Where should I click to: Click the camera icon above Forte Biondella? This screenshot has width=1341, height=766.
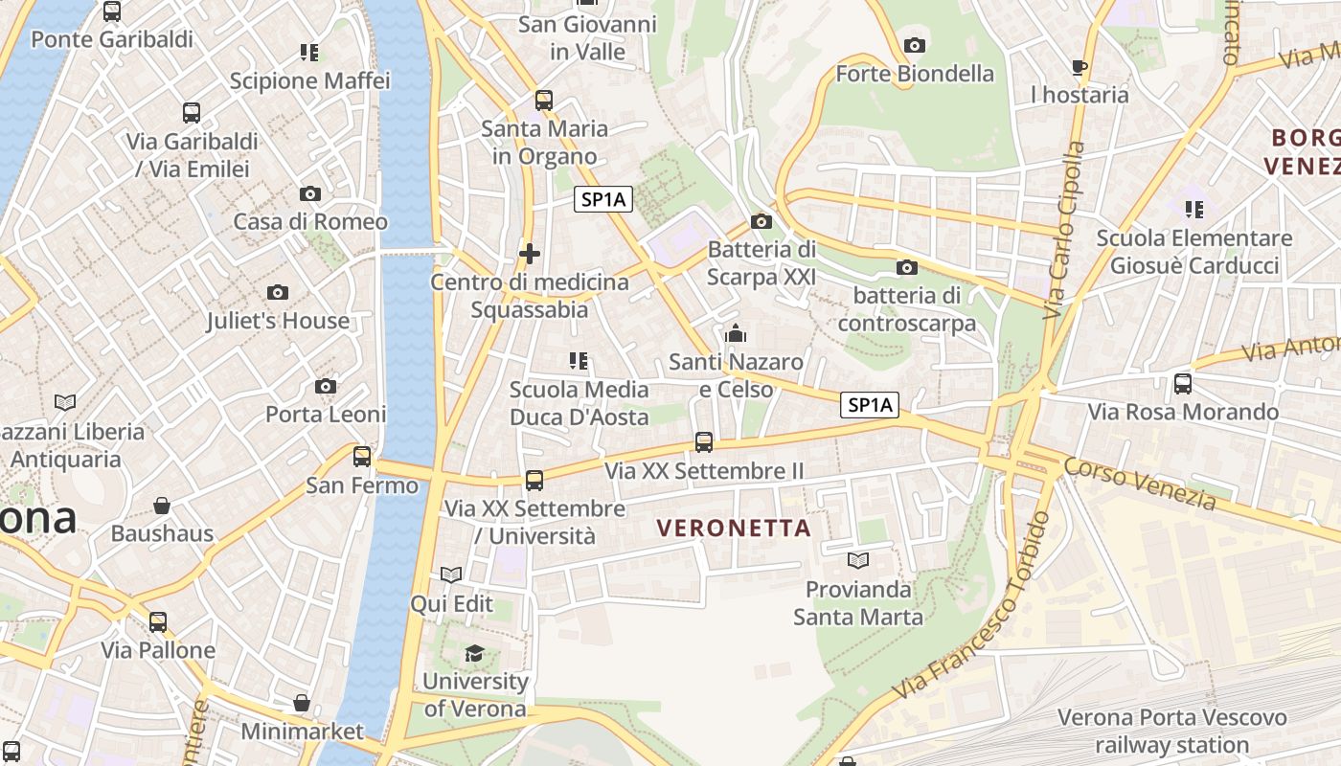pyautogui.click(x=915, y=45)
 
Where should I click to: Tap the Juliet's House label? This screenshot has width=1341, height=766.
pyautogui.click(x=278, y=321)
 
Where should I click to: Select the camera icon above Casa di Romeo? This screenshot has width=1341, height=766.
pyautogui.click(x=309, y=193)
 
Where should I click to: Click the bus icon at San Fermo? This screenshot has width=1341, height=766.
pyautogui.click(x=362, y=457)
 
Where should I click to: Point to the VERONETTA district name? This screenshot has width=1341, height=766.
pyautogui.click(x=735, y=528)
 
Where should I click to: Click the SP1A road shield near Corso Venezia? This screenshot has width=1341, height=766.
pyautogui.click(x=870, y=405)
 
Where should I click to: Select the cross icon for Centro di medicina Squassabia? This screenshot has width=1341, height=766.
pyautogui.click(x=529, y=254)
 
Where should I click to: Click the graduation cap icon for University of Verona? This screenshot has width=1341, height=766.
pyautogui.click(x=474, y=653)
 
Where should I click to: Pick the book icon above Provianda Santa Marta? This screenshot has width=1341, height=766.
pyautogui.click(x=858, y=560)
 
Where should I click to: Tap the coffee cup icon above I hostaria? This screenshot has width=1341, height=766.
pyautogui.click(x=1080, y=67)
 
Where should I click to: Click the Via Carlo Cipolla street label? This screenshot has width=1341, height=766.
pyautogui.click(x=1064, y=230)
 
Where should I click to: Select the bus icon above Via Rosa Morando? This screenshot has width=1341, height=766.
pyautogui.click(x=1183, y=384)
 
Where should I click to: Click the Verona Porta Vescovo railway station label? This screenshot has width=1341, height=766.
pyautogui.click(x=1172, y=731)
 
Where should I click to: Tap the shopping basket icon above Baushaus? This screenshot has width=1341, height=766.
pyautogui.click(x=162, y=505)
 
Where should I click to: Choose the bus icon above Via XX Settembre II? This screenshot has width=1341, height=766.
pyautogui.click(x=704, y=442)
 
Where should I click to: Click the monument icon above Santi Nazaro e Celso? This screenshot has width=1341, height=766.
pyautogui.click(x=736, y=334)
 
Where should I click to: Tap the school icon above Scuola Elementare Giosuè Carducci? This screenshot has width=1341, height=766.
pyautogui.click(x=1193, y=209)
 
